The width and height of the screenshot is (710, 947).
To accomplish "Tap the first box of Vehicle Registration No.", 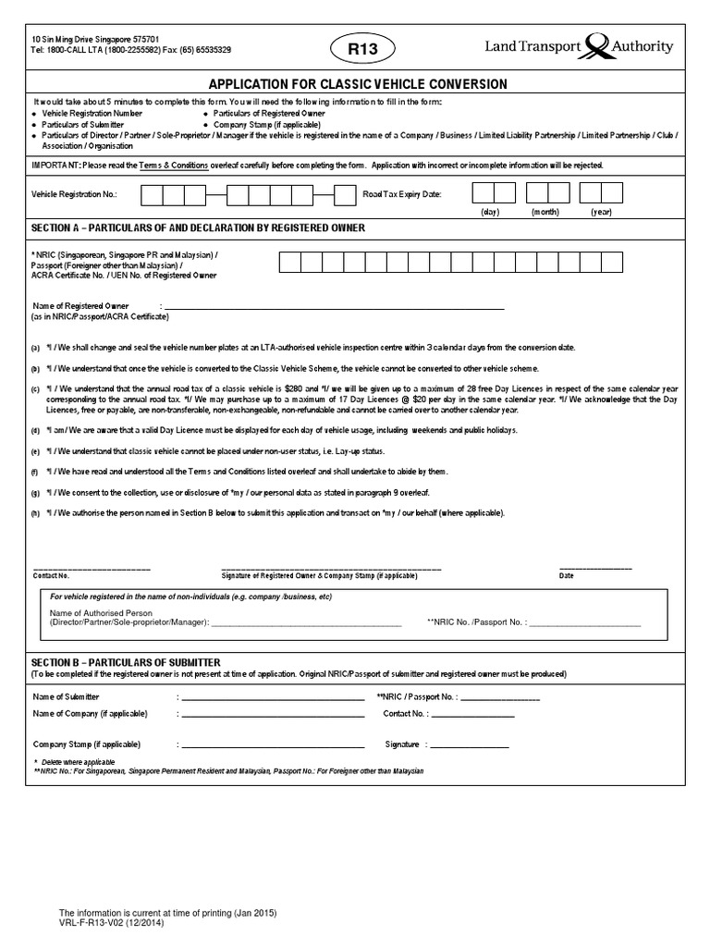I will (153, 195).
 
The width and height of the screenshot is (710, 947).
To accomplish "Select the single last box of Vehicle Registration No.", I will (344, 195).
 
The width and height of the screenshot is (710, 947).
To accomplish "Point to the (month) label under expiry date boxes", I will (545, 212).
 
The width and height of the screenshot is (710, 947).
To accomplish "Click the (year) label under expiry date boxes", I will (603, 212).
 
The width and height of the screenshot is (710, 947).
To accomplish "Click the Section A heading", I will (198, 228).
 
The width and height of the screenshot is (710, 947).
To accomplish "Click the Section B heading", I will (126, 662).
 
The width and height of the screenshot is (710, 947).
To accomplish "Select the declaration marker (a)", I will (35, 348).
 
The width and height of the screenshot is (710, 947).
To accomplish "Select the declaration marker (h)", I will (35, 512).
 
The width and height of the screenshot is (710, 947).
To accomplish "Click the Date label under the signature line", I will (567, 575).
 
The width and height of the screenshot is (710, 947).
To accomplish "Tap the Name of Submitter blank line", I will (273, 699).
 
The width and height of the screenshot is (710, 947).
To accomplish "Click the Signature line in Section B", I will (471, 745).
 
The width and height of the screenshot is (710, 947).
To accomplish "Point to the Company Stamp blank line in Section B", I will (273, 745).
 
